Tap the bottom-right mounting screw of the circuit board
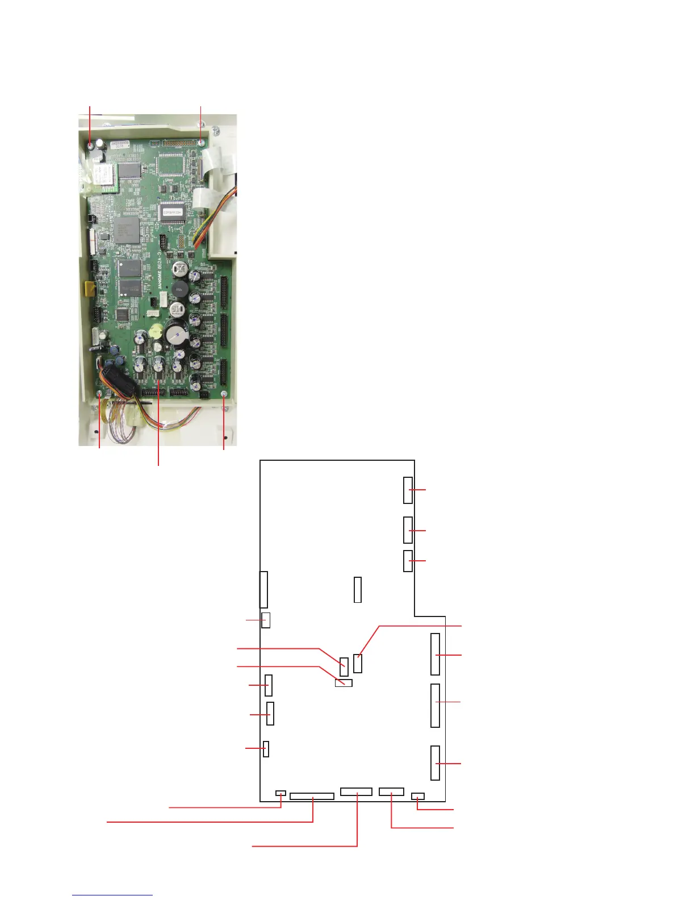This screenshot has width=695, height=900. [x=224, y=394]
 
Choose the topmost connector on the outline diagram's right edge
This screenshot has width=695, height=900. [x=408, y=490]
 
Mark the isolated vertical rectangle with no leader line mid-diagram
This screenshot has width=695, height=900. [x=357, y=590]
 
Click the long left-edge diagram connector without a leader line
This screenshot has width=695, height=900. [x=263, y=589]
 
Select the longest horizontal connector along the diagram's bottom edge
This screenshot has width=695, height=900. [x=312, y=796]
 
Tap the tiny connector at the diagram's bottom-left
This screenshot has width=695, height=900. [x=281, y=793]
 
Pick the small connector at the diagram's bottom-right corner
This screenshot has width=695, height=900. [x=418, y=795]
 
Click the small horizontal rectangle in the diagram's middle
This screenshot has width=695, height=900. [x=344, y=682]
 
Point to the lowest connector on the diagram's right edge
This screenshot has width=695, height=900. [x=435, y=763]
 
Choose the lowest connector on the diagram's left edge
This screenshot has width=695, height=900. [x=266, y=749]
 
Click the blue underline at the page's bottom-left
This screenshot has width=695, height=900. [x=112, y=895]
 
